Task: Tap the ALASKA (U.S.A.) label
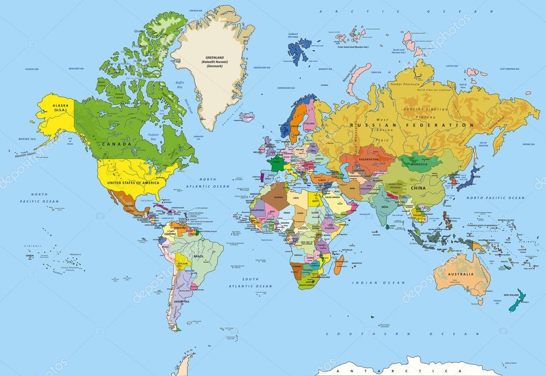tap(60, 108)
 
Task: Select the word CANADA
tap(117, 144)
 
